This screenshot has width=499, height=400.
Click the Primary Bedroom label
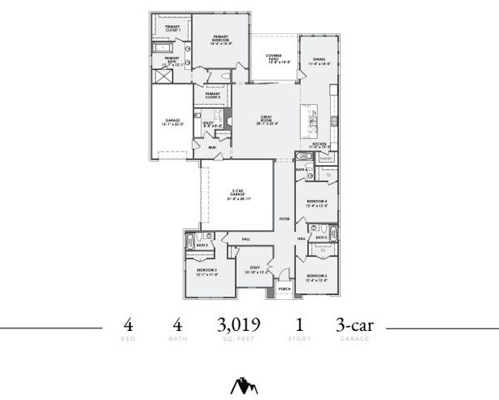(221, 38)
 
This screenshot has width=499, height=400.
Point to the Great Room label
(267, 118)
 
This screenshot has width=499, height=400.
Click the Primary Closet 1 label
(172, 29)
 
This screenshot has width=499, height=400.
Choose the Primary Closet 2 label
(212, 96)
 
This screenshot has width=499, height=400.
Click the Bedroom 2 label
(207, 272)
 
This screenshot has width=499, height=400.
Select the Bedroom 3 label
(316, 277)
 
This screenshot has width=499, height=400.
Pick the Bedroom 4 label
(317, 203)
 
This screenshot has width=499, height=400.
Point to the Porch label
(284, 289)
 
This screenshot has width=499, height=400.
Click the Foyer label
(284, 219)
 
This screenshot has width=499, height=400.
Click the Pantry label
(326, 157)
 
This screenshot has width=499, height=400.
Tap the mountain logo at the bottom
(244, 386)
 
